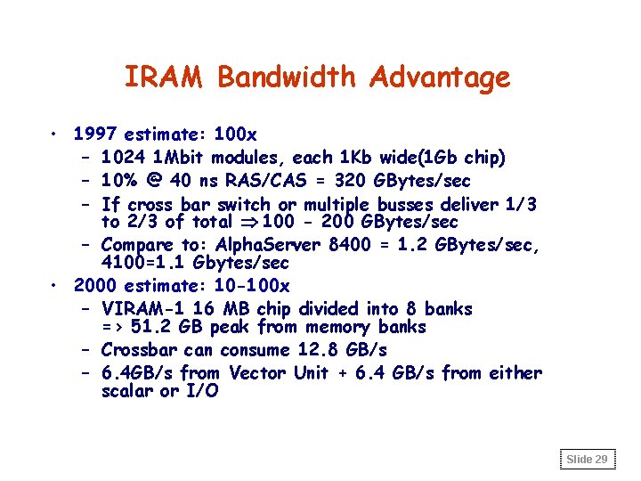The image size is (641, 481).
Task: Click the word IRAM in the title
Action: pos(165,77)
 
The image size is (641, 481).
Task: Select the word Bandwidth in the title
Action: pos(288,77)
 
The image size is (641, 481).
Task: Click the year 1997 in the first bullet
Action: pos(96,135)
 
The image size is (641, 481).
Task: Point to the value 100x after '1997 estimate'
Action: pos(237,135)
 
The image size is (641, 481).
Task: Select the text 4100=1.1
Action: pos(137,264)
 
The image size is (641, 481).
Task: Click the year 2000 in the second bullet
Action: pos(96,286)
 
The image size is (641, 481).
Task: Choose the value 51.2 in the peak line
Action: pos(150,328)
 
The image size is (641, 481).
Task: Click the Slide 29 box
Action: pos(588,460)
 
